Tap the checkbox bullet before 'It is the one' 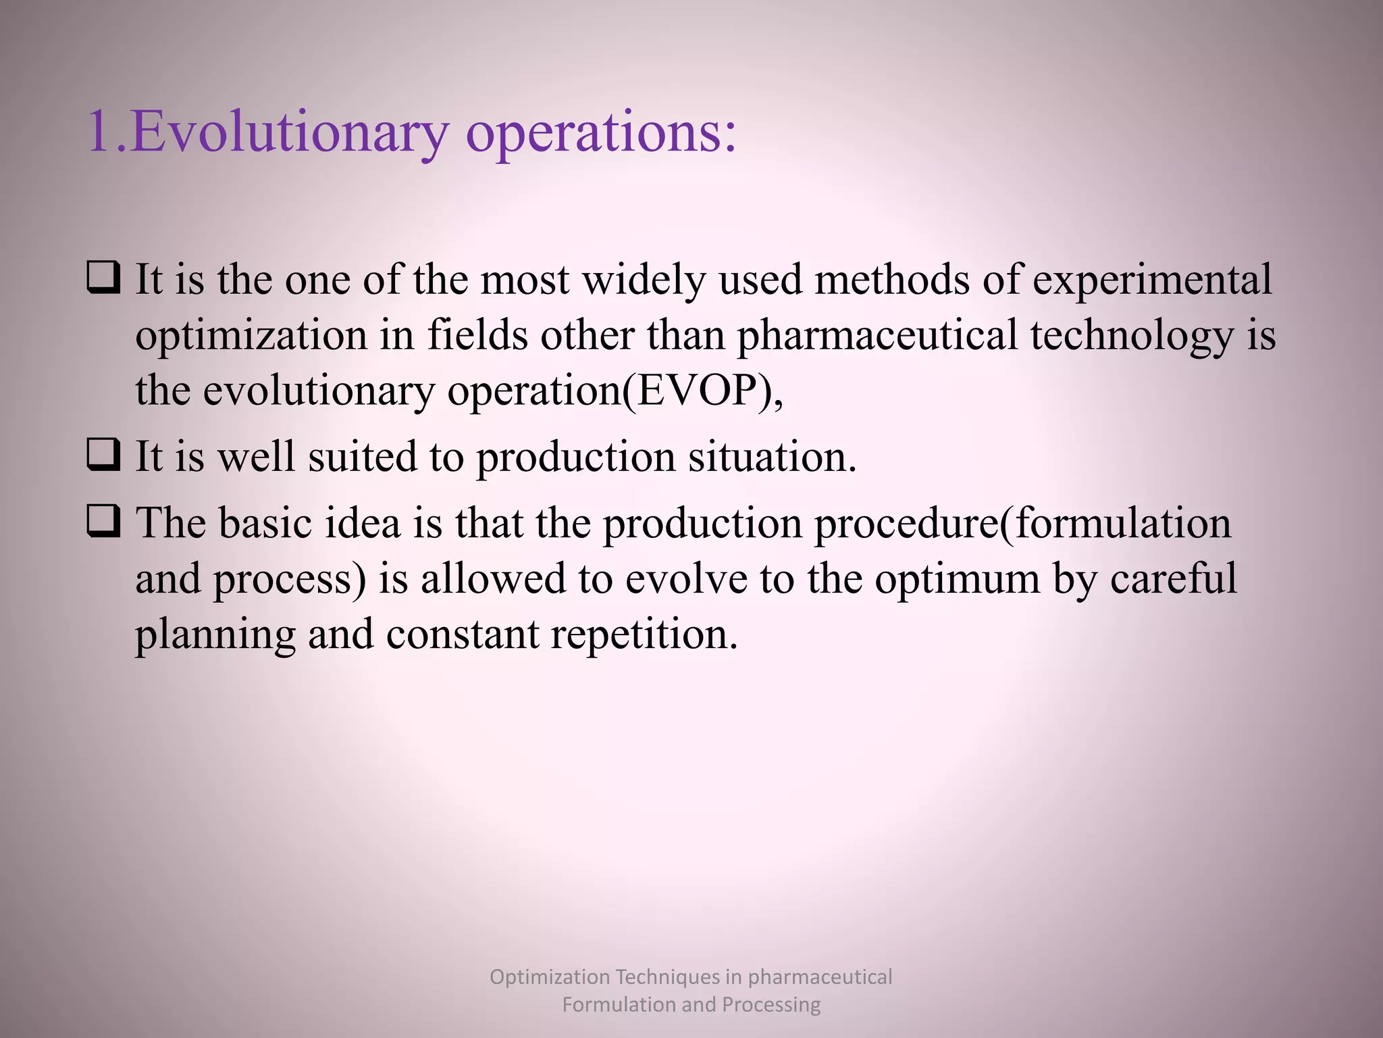(x=104, y=278)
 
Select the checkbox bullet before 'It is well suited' (x=104, y=455)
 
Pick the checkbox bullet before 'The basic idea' (x=104, y=522)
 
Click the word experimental (x=1152, y=280)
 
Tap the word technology (x=1132, y=336)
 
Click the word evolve (x=685, y=579)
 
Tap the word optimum (x=958, y=579)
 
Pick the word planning (x=215, y=636)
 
